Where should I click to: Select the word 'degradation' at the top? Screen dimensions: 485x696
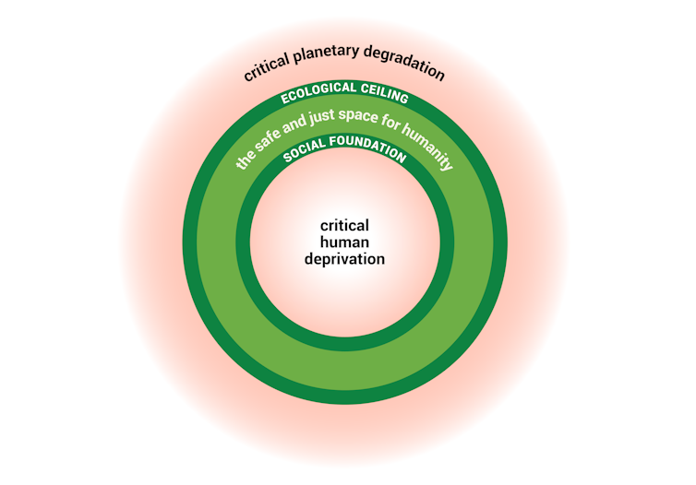407,69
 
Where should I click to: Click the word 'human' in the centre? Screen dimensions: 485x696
344,242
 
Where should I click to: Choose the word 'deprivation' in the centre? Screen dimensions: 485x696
344,259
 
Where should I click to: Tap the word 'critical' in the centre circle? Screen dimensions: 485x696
344,225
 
